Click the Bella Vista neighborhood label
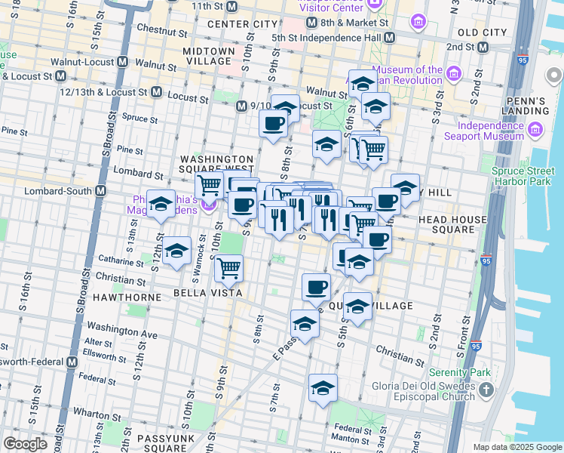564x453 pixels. pyautogui.click(x=197, y=292)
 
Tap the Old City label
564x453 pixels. pyautogui.click(x=482, y=32)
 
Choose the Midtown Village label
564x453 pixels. pyautogui.click(x=209, y=55)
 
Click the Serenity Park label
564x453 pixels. pyautogui.click(x=459, y=372)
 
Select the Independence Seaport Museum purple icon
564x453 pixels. pyautogui.click(x=535, y=130)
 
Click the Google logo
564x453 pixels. pyautogui.click(x=25, y=444)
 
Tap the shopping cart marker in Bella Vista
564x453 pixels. pyautogui.click(x=228, y=267)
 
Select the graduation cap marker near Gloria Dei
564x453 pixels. pyautogui.click(x=323, y=388)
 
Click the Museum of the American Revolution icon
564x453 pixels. pyautogui.click(x=453, y=74)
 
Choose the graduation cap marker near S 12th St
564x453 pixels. pyautogui.click(x=161, y=205)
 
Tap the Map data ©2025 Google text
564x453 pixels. pyautogui.click(x=516, y=447)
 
